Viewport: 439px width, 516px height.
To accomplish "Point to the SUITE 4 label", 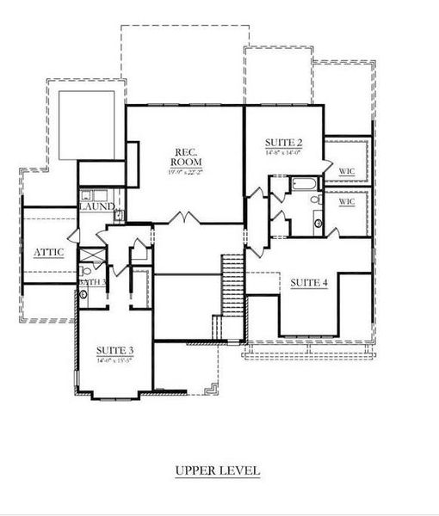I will click(309, 283).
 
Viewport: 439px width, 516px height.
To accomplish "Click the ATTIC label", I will click(48, 252).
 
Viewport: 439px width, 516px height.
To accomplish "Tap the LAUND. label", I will click(96, 207).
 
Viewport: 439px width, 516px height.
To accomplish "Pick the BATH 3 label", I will click(92, 282).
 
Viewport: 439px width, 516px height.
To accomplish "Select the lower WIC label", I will click(347, 201).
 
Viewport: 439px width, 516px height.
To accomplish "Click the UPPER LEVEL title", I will click(217, 470).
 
